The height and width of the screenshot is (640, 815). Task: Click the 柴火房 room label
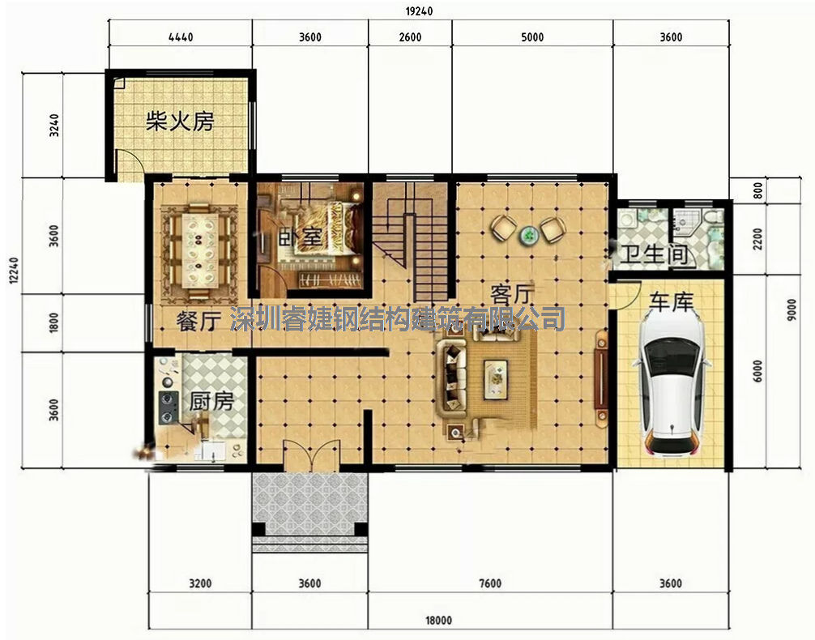tap(180, 122)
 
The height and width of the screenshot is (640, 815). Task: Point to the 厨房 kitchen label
tap(211, 401)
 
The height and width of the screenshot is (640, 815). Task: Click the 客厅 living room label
tap(513, 295)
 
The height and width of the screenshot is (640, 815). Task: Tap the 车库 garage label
tap(672, 302)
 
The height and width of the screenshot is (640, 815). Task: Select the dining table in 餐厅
tap(197, 250)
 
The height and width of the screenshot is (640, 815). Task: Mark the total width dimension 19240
tap(419, 11)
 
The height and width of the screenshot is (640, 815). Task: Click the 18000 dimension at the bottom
tap(438, 621)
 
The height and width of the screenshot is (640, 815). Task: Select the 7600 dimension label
tap(489, 583)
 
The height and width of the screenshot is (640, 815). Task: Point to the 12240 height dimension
tap(13, 271)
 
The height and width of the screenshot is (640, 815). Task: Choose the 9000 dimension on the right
tap(792, 309)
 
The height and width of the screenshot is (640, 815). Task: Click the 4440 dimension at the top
tap(181, 37)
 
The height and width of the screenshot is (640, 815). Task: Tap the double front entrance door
tap(309, 456)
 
